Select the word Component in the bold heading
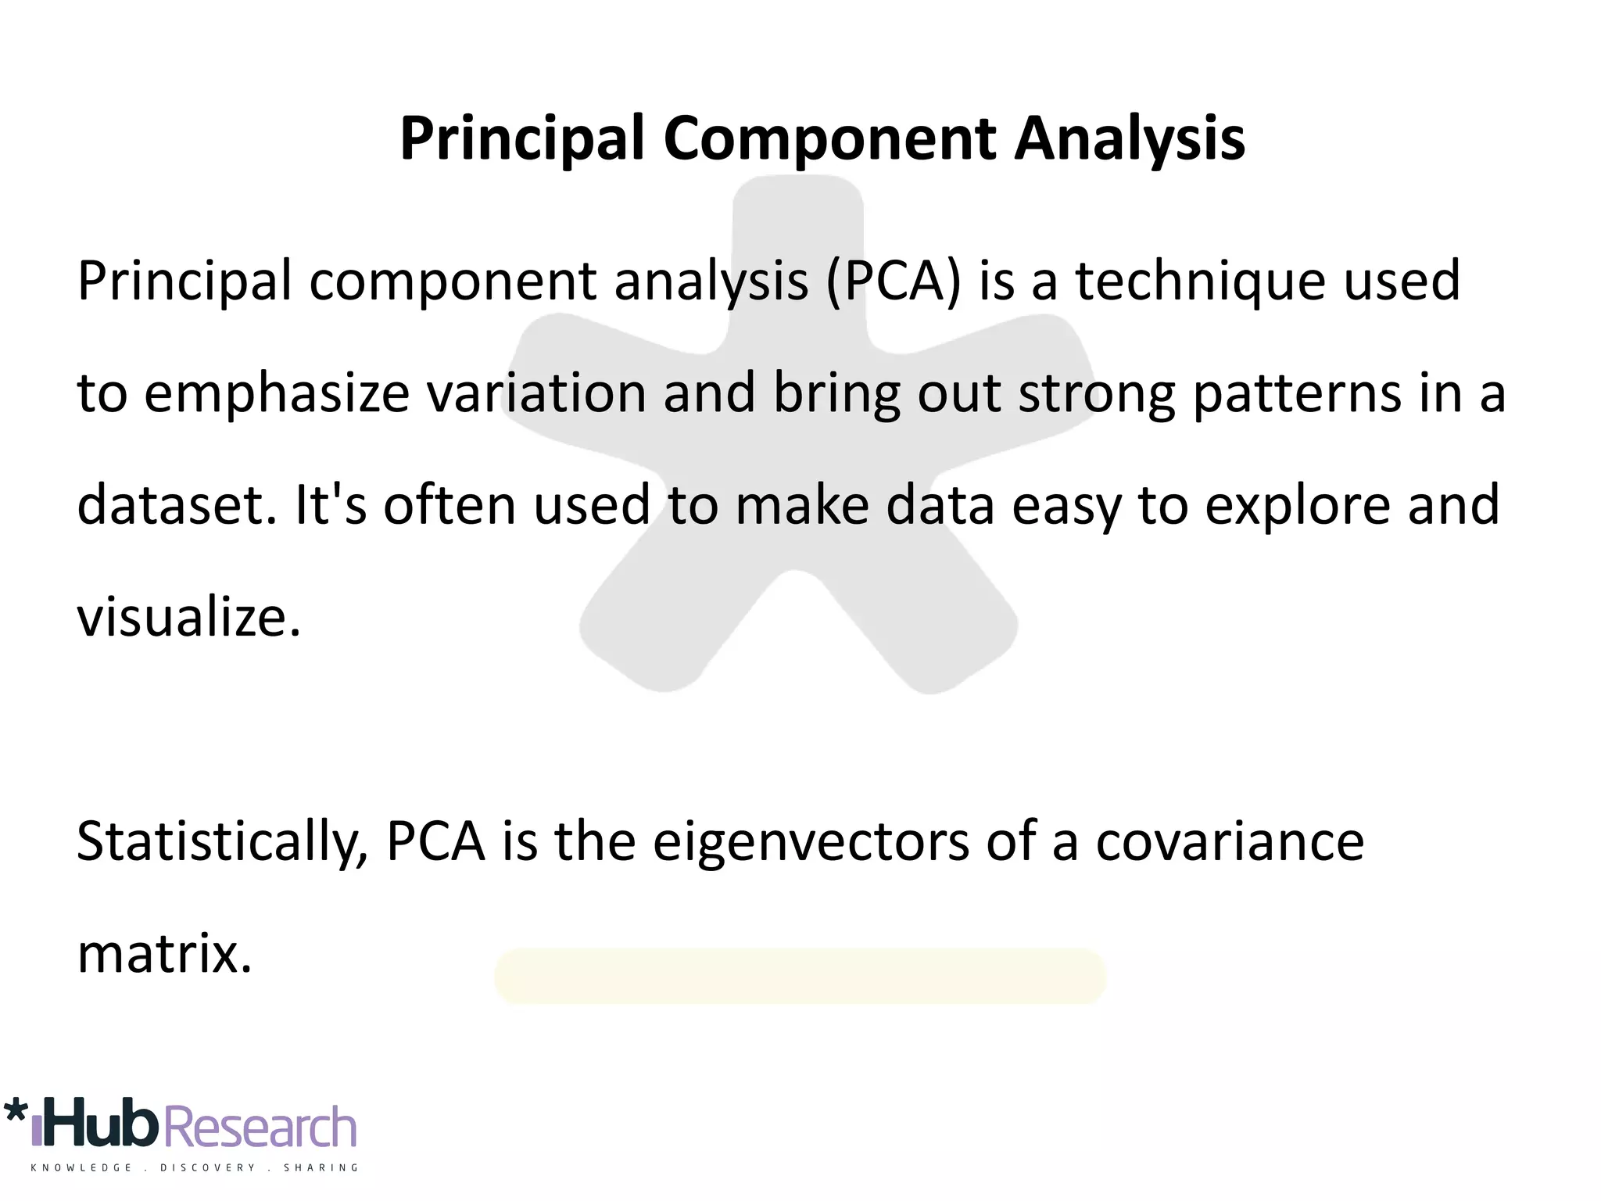tap(829, 139)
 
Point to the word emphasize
tap(277, 394)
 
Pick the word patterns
tap(1297, 394)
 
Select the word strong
tap(1097, 394)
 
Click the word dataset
tap(177, 505)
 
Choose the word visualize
tap(188, 617)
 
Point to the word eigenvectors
tap(811, 843)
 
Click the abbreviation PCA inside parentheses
tap(892, 281)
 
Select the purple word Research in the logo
tap(261, 1128)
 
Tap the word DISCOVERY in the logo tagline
tap(207, 1168)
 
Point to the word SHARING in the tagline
tap(321, 1168)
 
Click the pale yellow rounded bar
tap(800, 976)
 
